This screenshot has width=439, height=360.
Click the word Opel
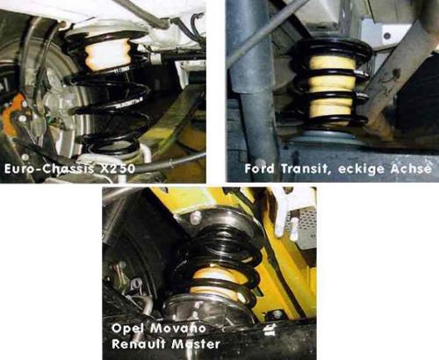tap(129, 326)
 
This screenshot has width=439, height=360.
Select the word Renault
tap(140, 342)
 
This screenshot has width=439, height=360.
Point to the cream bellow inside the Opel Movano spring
tap(217, 277)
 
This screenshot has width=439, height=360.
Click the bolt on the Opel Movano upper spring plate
tap(194, 216)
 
